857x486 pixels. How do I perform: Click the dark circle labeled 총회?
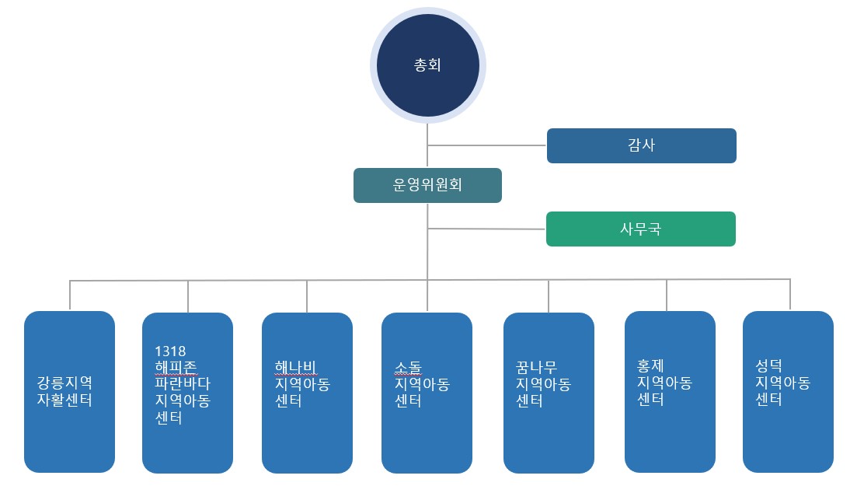pos(427,65)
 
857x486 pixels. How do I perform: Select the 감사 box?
pos(641,145)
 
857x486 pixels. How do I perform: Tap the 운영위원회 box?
pos(427,186)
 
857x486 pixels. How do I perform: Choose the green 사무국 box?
pos(641,229)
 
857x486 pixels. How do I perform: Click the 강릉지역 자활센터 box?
pos(69,392)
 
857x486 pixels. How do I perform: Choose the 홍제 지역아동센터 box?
pos(670,392)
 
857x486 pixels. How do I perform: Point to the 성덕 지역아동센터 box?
pos(788,392)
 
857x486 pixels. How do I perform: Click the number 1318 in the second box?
pos(169,350)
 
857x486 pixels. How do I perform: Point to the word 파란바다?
pos(183,384)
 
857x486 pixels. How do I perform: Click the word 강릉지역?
pos(64,383)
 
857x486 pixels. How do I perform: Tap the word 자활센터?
pos(64,401)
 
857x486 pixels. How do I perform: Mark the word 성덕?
pos(769,365)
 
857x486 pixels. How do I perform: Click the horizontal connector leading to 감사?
pos(487,145)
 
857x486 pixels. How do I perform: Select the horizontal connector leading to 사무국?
pos(487,229)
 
